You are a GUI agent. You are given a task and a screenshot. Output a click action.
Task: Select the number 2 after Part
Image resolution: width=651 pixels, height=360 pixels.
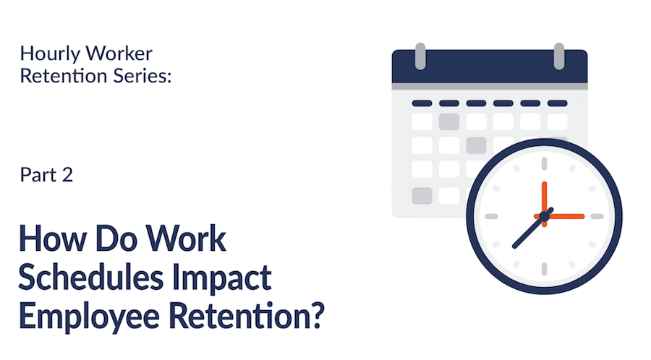point(67,175)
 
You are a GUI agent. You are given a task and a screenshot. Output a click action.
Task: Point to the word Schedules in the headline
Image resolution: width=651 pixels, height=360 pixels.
point(91,278)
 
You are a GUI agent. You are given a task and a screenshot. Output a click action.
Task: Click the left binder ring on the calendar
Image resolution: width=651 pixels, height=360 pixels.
point(420,56)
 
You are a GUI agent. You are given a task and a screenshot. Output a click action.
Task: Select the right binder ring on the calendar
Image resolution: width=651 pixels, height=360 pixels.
point(559,56)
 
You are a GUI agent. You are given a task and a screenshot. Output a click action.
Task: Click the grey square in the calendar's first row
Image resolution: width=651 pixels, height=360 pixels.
point(449,122)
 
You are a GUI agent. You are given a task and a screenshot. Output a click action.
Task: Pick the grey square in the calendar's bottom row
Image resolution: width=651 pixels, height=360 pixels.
point(422,196)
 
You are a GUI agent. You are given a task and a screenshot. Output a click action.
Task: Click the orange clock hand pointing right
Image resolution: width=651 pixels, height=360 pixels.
point(563,216)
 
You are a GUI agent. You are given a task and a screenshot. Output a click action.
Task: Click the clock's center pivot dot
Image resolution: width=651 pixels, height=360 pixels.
point(544,216)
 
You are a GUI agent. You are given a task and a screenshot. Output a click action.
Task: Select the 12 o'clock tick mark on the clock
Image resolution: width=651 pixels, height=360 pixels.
point(544,163)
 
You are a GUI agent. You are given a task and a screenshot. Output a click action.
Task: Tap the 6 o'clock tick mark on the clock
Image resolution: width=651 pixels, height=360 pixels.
point(544,269)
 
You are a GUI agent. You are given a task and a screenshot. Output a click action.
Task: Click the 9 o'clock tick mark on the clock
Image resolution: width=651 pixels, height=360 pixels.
point(492,216)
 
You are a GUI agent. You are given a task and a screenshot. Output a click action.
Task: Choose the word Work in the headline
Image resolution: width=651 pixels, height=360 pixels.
point(186,239)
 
